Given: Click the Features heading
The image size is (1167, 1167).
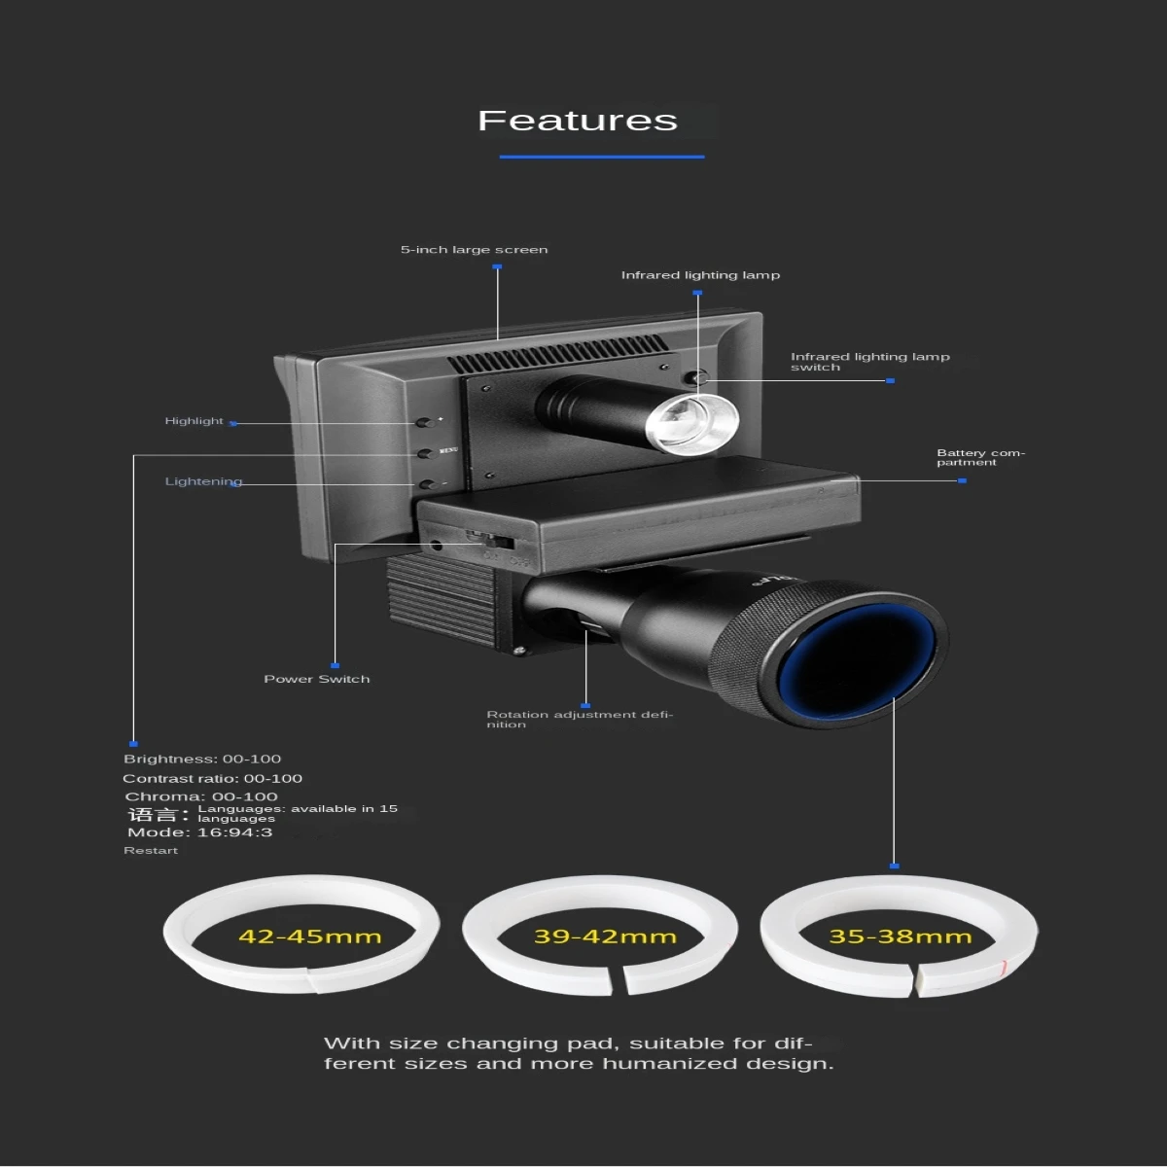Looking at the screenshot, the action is tap(578, 121).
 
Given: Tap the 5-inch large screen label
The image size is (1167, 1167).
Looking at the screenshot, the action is tap(474, 250).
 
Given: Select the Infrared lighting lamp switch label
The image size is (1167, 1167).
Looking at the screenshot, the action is tap(869, 362).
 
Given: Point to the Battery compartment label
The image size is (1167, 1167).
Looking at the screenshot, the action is tap(979, 457).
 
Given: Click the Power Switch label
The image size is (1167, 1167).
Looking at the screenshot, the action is tap(317, 679).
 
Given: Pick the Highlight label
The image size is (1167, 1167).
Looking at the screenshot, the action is tap(194, 421).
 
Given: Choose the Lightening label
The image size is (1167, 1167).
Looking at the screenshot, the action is tap(203, 481).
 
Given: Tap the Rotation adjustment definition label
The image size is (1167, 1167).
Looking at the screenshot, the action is tap(579, 719).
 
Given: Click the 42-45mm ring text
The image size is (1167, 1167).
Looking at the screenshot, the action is tap(309, 937).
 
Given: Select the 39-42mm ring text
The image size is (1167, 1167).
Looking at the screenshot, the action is tap(605, 937).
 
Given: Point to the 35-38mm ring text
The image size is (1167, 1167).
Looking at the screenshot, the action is tap(900, 937).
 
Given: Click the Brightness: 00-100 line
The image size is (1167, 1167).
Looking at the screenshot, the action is tap(202, 759).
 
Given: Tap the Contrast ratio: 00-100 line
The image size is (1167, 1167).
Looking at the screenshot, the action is tap(212, 778).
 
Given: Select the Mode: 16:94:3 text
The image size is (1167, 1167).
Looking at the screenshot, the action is tap(199, 832).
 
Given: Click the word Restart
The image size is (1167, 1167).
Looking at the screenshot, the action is tap(151, 851).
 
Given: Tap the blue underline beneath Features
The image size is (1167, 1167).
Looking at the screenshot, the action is tap(602, 157).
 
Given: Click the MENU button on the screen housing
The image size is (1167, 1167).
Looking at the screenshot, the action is tap(425, 452).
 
